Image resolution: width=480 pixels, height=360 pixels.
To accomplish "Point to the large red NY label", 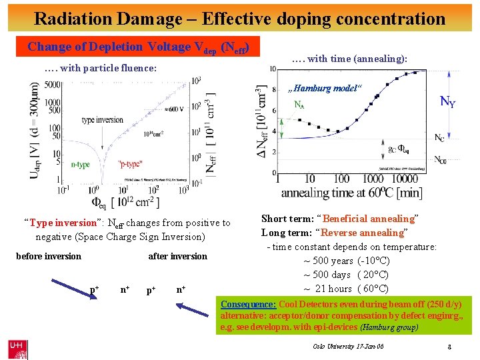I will [x=447, y=101].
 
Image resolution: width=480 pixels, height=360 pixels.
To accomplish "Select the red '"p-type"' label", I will [x=129, y=163].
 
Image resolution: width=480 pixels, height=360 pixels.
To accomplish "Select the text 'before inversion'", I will [x=48, y=256].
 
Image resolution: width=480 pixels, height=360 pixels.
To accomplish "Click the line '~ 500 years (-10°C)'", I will [x=346, y=261].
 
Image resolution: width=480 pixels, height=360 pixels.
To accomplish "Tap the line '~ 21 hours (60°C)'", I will [x=346, y=289].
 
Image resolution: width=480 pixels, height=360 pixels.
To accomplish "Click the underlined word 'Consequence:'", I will [x=249, y=303].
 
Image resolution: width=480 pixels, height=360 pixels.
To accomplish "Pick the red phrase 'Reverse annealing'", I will [x=364, y=233].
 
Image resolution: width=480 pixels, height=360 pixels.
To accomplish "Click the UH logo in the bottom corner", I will [x=18, y=347].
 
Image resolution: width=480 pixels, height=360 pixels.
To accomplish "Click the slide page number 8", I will [x=451, y=347].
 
